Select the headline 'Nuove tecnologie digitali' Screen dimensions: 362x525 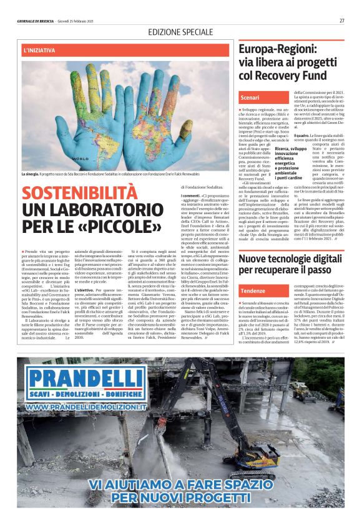pos(293,258)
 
